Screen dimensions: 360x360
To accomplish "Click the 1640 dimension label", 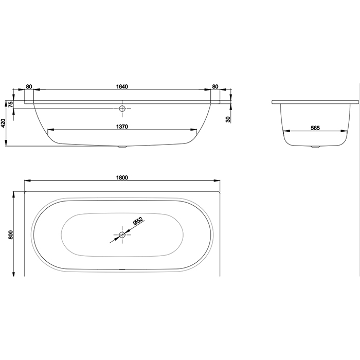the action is coord(122,86).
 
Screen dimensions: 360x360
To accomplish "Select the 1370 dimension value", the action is coord(122,127).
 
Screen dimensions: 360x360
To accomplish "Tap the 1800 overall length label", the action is coord(122,178).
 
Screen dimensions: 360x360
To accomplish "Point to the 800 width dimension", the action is coord(11,235).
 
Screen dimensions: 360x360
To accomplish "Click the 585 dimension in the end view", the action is coord(315,128).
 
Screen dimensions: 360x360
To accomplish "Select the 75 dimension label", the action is coord(11,105).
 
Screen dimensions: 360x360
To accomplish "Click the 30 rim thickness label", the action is coord(228,119).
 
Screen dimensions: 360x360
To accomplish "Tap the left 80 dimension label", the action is coord(29,86).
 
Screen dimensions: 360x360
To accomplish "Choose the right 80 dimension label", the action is coord(215,86).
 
